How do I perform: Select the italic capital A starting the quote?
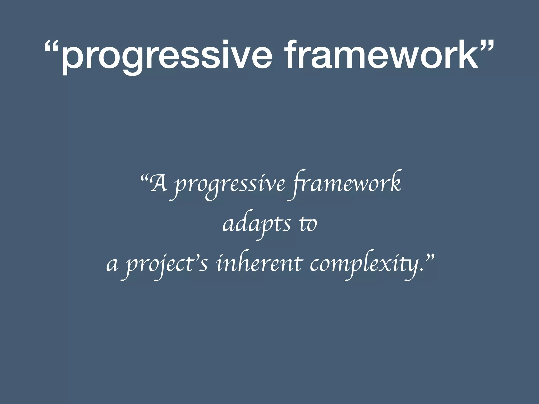[x=159, y=184]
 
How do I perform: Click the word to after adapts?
[x=308, y=225]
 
